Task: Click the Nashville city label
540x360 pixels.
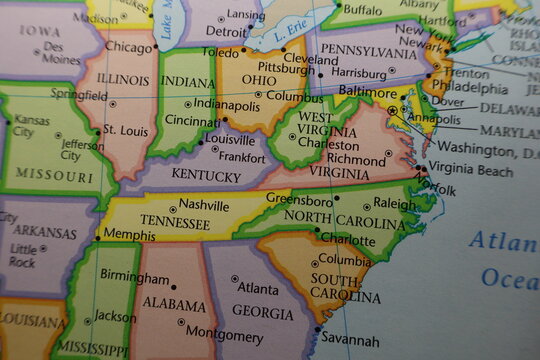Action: [x=204, y=205]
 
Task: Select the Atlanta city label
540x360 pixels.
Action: [x=259, y=288]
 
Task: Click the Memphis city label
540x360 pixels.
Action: [x=129, y=234]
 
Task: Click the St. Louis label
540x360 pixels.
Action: [x=127, y=130]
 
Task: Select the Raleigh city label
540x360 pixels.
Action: [x=394, y=204]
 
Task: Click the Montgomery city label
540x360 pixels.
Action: [x=224, y=332]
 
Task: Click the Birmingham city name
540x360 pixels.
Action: [x=135, y=277]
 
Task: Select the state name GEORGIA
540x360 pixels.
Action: [x=262, y=312]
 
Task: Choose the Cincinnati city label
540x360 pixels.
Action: [x=193, y=120]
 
